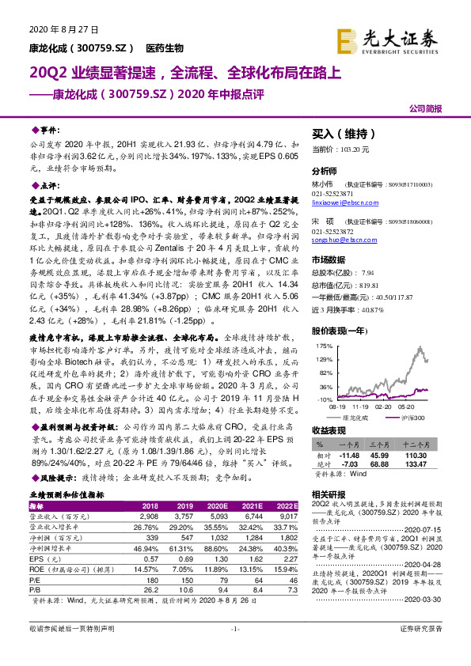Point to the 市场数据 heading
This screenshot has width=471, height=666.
(329, 260)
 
